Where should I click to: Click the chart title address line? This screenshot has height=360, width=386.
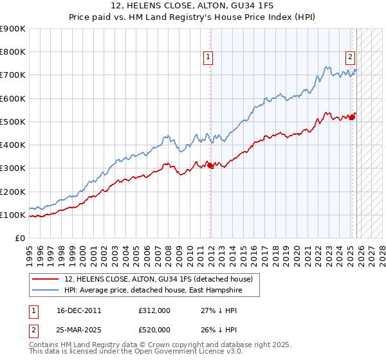[193, 6]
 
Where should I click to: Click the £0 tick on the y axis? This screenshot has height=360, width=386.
[19, 238]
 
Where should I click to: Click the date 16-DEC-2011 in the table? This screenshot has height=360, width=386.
[78, 310]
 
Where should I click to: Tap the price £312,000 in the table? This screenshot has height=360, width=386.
[154, 310]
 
